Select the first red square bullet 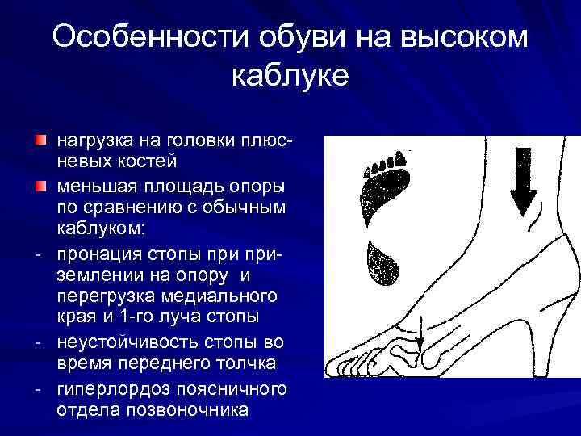(x=40, y=141)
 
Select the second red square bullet (x=40, y=187)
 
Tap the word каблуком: (x=101, y=230)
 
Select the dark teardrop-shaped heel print (x=384, y=263)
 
